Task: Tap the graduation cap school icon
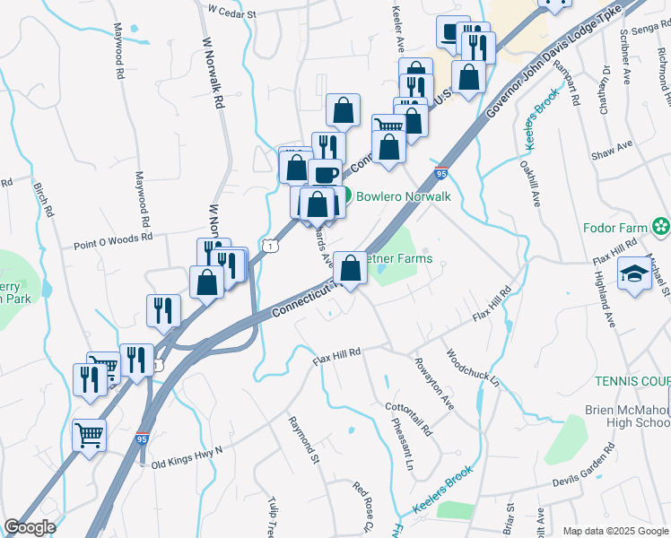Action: (x=633, y=274)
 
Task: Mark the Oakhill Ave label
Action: (x=529, y=184)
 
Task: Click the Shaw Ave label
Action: (x=612, y=150)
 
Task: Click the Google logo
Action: (x=30, y=527)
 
